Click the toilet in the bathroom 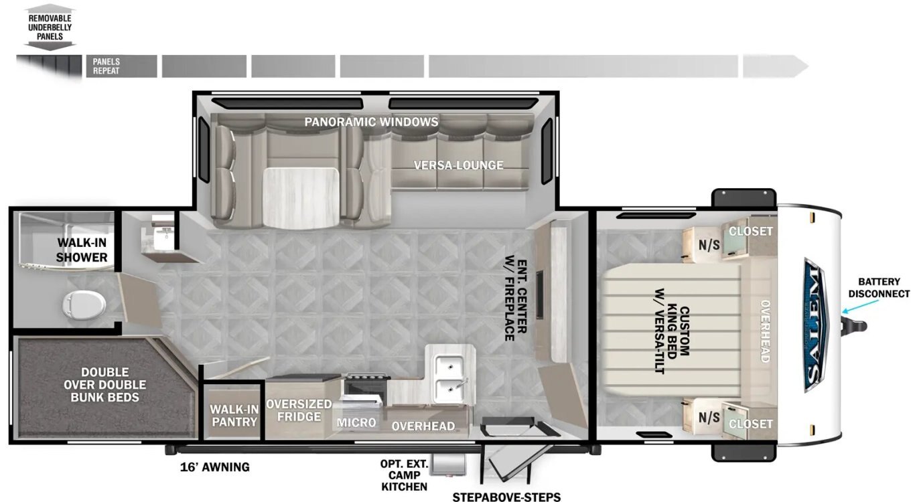pos(84,304)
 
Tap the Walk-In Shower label pos(82,250)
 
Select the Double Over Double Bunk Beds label pos(105,384)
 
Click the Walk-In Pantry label pos(234,416)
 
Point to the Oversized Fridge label pos(299,410)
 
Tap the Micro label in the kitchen pos(356,422)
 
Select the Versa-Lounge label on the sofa pos(458,165)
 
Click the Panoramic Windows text pos(371,122)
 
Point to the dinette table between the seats pos(301,197)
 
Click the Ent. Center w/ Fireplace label pos(516,300)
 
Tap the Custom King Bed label pos(673,331)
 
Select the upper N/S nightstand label pos(709,244)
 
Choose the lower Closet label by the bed pos(751,424)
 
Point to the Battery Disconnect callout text pos(879,287)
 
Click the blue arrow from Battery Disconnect pos(860,307)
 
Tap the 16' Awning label pos(215,467)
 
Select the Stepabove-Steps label pos(506,497)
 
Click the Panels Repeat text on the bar pos(107,66)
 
